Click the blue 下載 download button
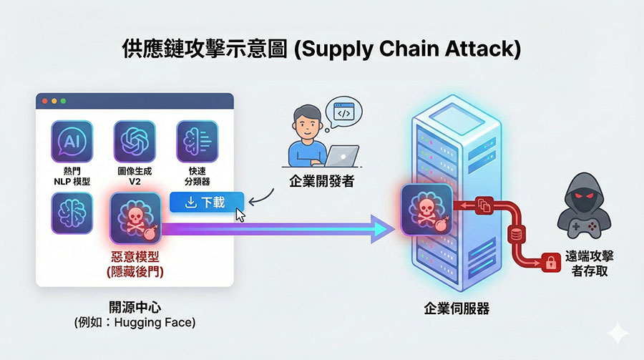pos(207,203)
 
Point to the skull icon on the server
pos(427,208)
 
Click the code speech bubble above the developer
pos(343,112)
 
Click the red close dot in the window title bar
pos(44,101)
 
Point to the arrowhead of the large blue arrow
pos(386,228)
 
